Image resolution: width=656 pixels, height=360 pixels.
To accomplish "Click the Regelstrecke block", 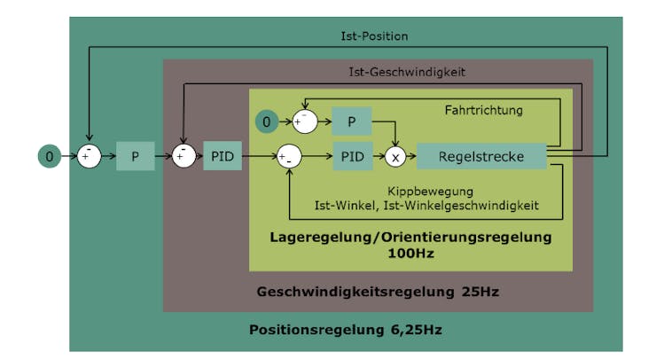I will coord(481,157).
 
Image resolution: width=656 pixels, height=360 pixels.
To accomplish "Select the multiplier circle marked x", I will coord(395,157).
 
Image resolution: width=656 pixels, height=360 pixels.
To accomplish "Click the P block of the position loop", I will coord(135,156).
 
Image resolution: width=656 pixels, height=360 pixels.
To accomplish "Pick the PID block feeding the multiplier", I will coord(351,157).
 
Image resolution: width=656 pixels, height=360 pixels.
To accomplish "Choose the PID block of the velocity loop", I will coord(222,156).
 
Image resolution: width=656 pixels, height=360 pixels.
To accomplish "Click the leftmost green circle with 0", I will coord(50,157).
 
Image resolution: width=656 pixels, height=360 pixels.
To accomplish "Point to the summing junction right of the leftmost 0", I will coord(89,156).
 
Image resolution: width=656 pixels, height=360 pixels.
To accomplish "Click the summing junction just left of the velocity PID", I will coord(184,156).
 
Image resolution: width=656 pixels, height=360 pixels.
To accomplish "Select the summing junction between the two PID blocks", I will coord(289,157).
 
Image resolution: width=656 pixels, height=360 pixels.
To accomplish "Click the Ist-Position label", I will coord(374,36).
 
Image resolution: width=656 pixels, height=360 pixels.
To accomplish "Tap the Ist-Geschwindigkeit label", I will coord(406,72).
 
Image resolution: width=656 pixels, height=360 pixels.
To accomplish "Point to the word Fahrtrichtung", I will coord(483,110).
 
